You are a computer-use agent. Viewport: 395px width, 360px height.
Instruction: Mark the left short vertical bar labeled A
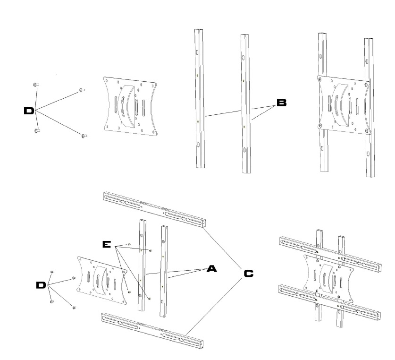(x=141, y=265)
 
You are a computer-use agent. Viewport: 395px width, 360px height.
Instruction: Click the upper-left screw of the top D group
(x=36, y=84)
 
